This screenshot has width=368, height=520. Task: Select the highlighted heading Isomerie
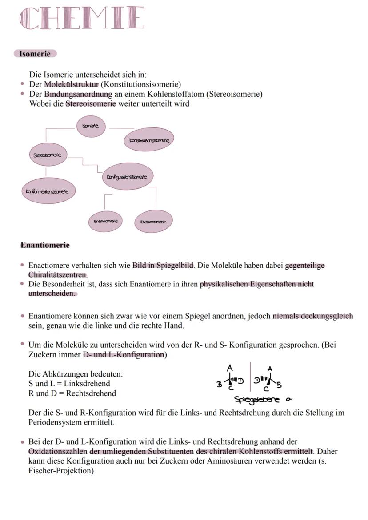click(35, 54)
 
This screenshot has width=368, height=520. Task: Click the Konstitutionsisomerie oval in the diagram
click(149, 140)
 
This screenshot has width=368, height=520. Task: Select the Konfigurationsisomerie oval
click(128, 177)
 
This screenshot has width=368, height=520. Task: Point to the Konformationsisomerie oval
click(48, 191)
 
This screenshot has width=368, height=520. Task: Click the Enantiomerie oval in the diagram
click(105, 221)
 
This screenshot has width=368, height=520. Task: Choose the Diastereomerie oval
click(153, 222)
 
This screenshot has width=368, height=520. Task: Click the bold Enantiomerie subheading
click(45, 245)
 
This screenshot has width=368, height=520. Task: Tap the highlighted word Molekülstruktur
click(71, 84)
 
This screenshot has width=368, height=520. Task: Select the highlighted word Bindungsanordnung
click(78, 94)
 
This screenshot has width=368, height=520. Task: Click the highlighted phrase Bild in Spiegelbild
click(163, 266)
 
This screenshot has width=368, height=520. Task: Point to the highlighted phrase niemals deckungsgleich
click(312, 316)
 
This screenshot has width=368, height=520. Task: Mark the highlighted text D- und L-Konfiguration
click(123, 355)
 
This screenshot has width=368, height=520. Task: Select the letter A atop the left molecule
click(229, 368)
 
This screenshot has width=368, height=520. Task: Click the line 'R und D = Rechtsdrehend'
click(72, 393)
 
